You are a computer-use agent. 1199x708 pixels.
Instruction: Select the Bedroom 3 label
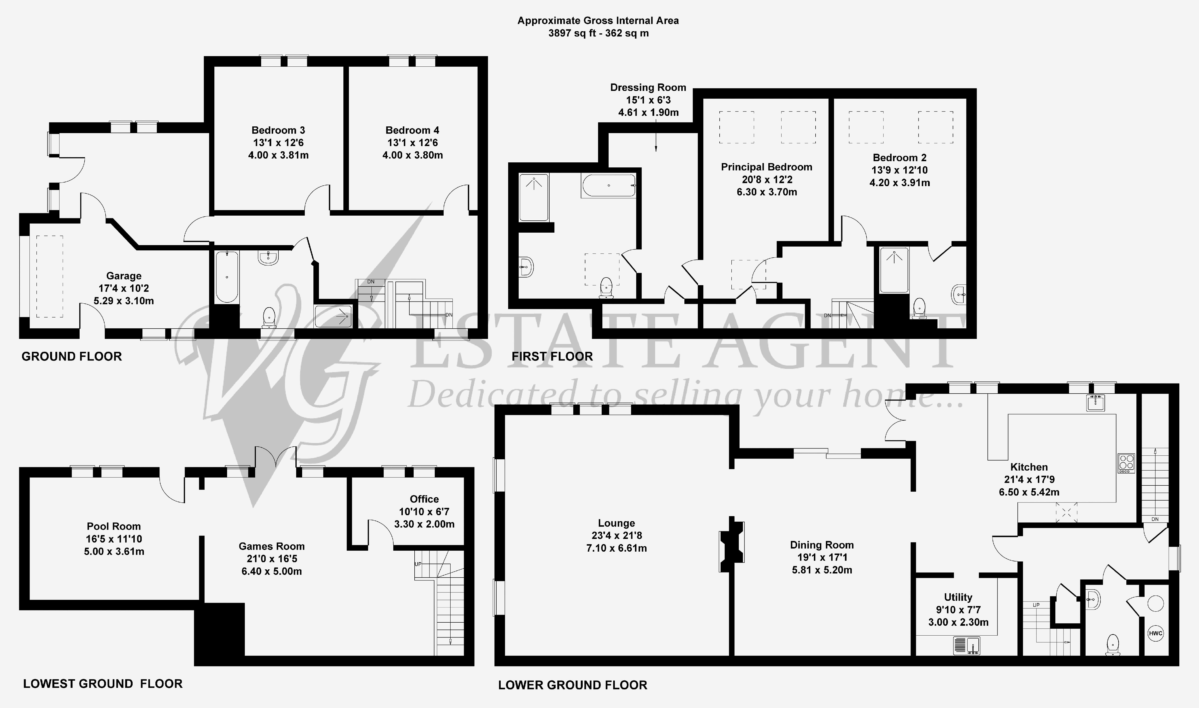click(278, 130)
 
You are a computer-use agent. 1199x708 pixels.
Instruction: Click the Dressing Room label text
click(648, 87)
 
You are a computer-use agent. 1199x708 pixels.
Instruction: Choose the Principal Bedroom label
click(766, 167)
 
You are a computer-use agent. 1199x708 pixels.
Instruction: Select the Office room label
click(424, 499)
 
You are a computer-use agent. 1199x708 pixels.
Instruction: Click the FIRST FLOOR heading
click(552, 356)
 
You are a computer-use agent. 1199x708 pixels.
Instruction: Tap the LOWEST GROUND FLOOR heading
click(103, 684)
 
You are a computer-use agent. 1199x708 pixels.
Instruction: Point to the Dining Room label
click(822, 545)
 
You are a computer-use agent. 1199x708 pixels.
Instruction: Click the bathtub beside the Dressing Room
click(609, 186)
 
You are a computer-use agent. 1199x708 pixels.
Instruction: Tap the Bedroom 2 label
click(899, 157)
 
